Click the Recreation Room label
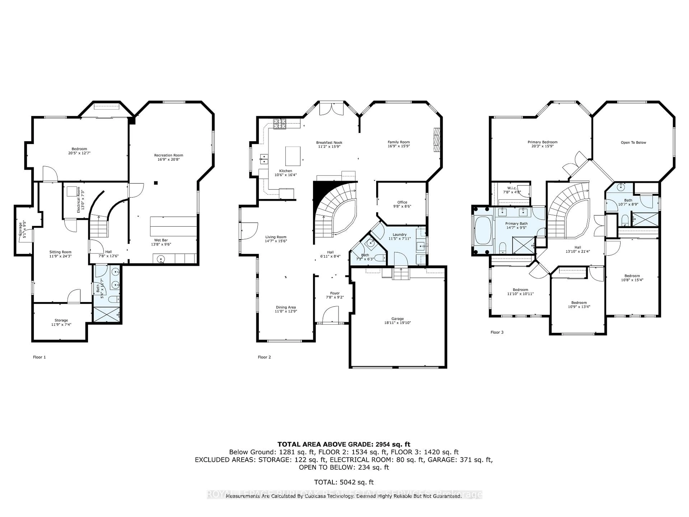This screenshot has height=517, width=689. pos(168,155)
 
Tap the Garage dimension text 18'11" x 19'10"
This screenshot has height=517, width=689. pos(397,323)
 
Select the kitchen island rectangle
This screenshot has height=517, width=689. pos(293,156)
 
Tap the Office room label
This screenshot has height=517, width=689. pos(402,202)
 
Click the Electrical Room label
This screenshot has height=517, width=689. pos(78,200)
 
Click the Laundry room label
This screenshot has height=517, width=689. pos(399,234)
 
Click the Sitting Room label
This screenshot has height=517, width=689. pos(60,252)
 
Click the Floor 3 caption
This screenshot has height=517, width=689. pos(497,332)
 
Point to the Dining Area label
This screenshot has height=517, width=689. pos(286,307)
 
